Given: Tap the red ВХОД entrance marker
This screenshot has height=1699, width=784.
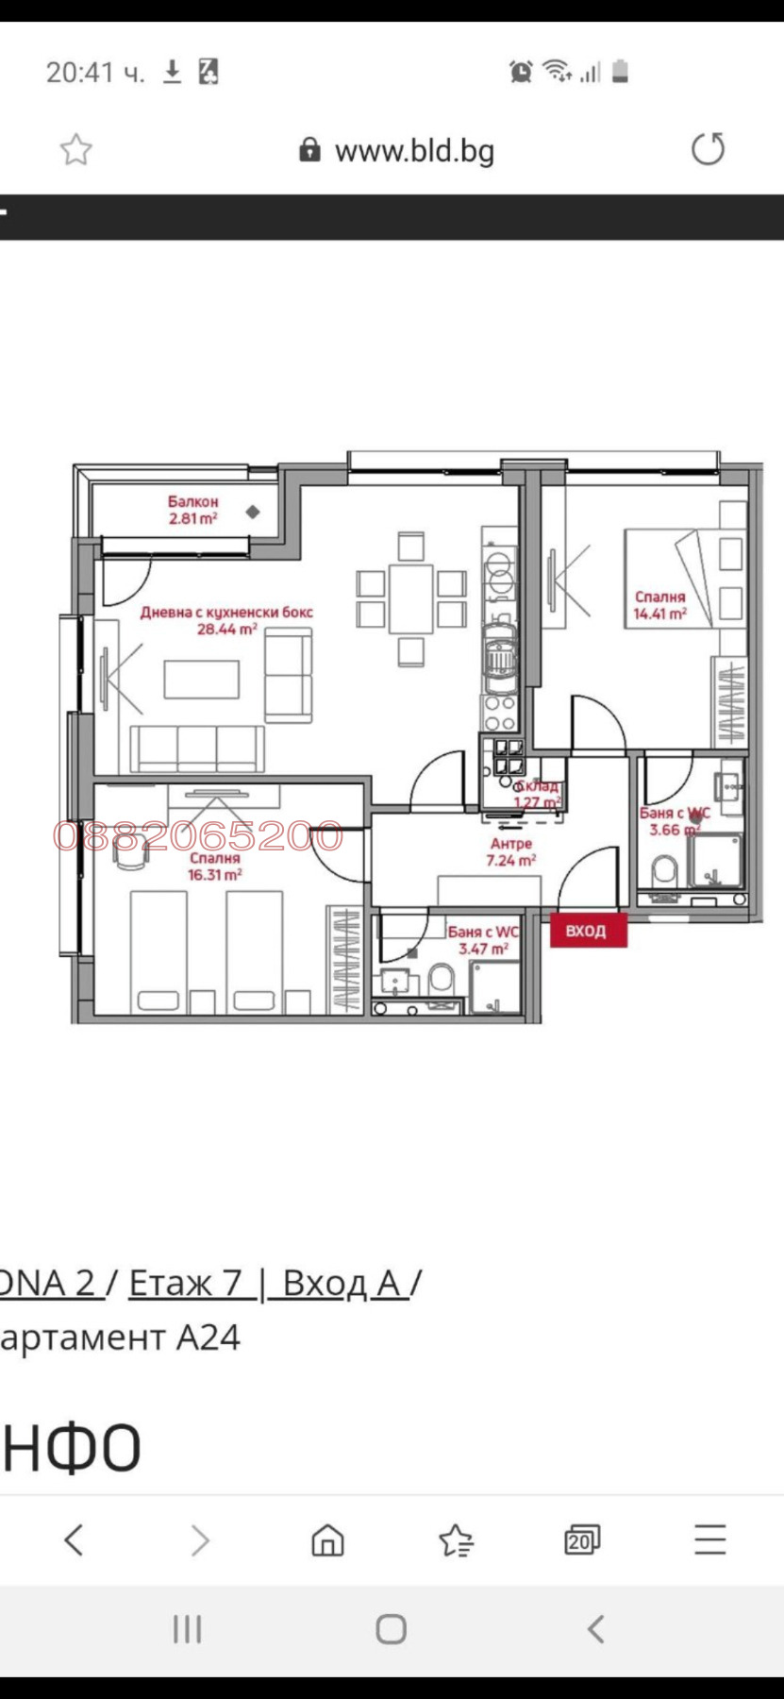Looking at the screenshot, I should click(x=588, y=931).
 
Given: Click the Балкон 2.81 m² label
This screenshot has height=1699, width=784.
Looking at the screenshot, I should click(x=193, y=511).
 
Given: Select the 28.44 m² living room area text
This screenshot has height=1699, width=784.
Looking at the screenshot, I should click(x=226, y=629).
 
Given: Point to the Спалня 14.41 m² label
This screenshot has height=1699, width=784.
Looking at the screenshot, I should click(x=659, y=605).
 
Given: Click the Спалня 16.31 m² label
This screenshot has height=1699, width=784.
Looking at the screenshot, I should click(x=215, y=866).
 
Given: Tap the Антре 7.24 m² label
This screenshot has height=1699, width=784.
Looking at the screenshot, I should click(x=510, y=852).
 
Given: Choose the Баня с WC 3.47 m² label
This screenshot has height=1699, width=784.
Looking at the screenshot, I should click(x=483, y=940).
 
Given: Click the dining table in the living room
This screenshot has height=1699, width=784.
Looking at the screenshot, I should click(x=410, y=598).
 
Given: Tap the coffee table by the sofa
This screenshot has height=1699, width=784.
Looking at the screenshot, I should click(x=201, y=680).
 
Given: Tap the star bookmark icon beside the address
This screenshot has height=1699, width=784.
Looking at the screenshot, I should click(x=76, y=150).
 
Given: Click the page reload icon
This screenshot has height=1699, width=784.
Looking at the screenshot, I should click(x=708, y=149).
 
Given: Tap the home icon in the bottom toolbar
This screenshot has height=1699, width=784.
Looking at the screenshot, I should click(x=327, y=1539).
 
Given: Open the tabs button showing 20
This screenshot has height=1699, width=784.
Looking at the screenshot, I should click(x=581, y=1539).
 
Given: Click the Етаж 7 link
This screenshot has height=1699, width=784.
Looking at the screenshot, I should click(x=186, y=1283).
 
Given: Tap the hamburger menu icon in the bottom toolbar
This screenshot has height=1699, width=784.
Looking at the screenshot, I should click(x=709, y=1539).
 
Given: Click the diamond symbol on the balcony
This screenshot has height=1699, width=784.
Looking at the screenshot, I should click(x=253, y=512).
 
